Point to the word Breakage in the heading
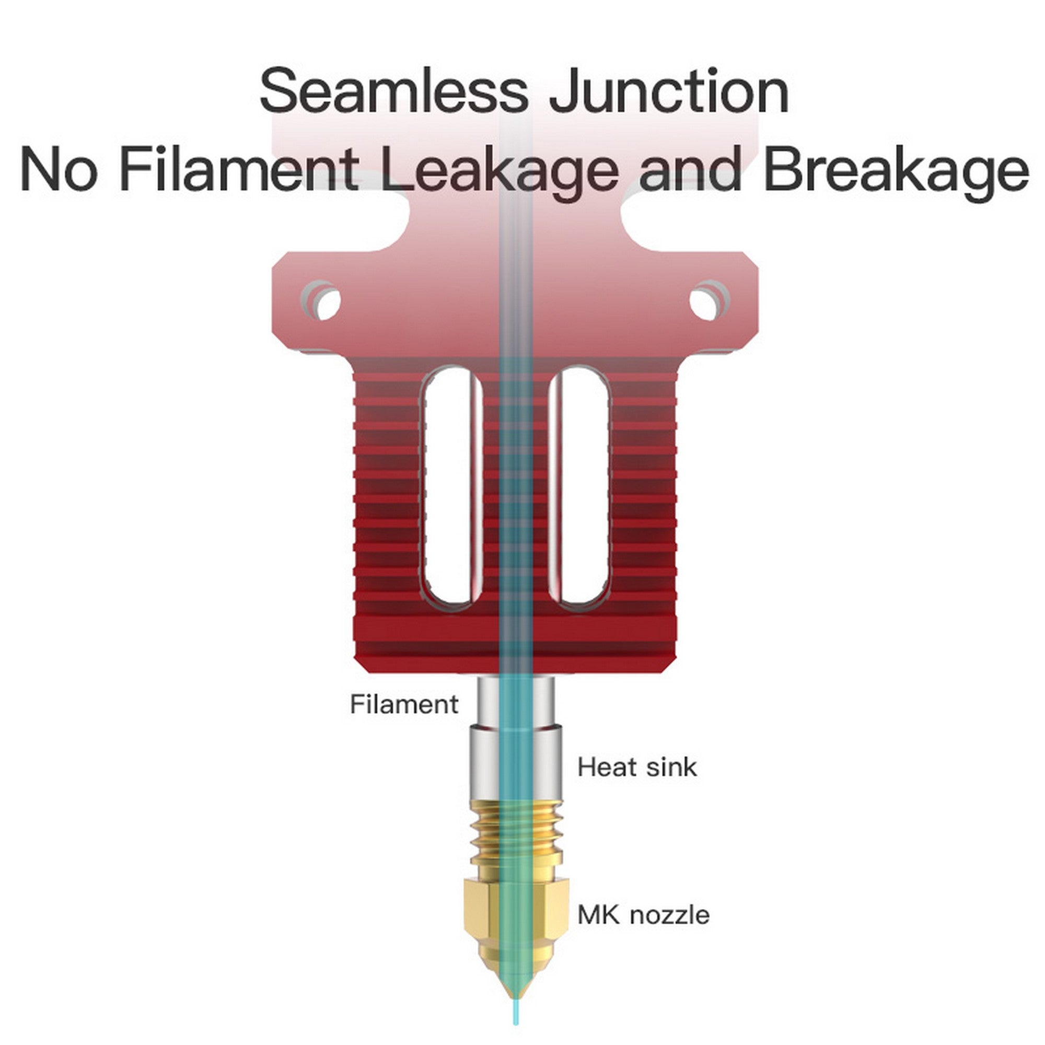pos(896,169)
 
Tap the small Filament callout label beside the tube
pos(404,705)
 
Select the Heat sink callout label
pos(636,768)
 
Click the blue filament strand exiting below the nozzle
pos(517,1017)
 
